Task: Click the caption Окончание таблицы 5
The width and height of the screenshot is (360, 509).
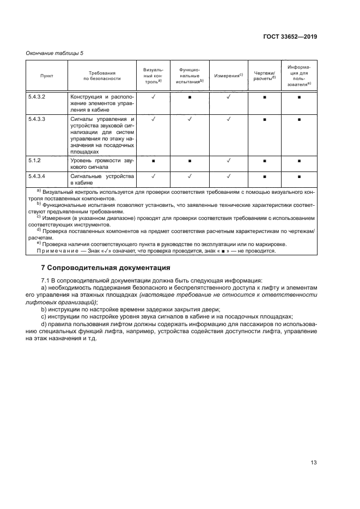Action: [x=54, y=53]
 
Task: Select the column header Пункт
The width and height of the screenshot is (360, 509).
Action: [x=47, y=76]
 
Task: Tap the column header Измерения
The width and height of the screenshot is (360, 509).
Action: [x=228, y=76]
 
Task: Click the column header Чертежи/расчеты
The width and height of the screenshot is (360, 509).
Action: [x=264, y=76]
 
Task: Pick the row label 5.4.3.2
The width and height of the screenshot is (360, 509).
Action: [x=36, y=96]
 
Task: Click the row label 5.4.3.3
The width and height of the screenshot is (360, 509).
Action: [x=36, y=119]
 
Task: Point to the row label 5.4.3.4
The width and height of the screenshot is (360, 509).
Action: [x=36, y=176]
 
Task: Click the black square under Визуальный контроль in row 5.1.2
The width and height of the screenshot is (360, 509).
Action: [x=154, y=162]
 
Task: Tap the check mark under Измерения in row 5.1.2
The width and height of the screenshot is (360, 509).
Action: [x=228, y=161]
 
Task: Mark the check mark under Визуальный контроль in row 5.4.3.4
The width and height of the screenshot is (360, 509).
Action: [x=154, y=176]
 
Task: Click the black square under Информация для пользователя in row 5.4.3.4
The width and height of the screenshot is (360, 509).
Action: [x=299, y=177]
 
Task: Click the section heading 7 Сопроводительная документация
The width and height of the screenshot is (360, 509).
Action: [x=106, y=268]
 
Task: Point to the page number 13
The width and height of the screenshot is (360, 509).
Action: [x=313, y=463]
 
